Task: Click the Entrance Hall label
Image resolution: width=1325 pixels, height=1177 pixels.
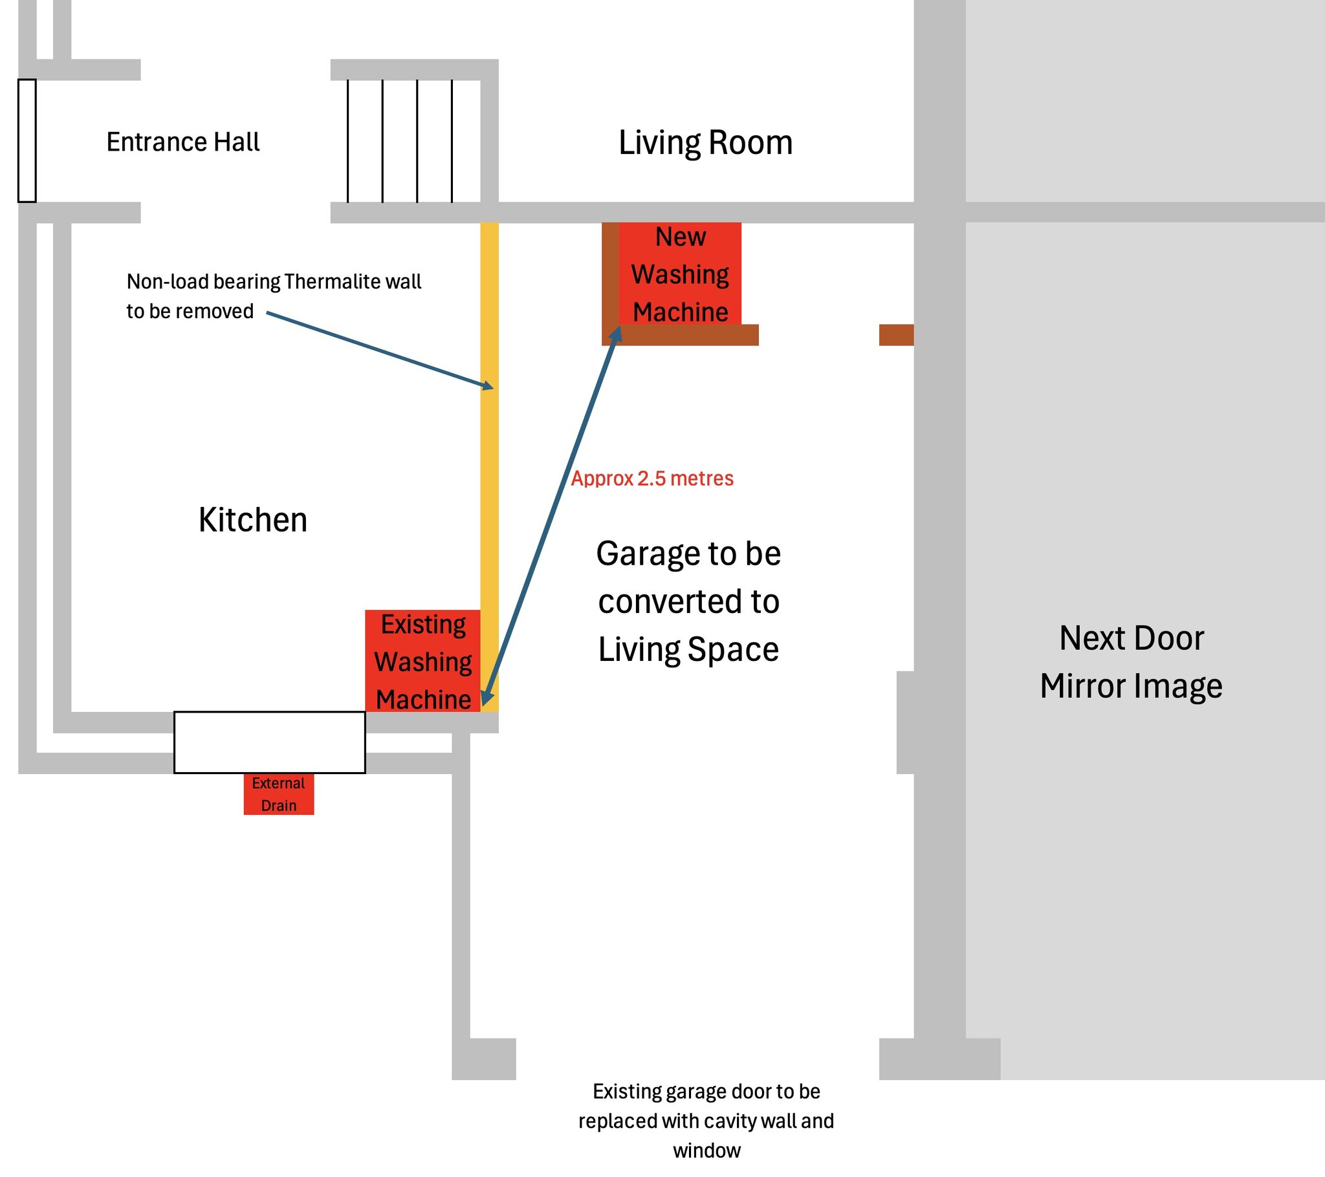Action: coord(183,142)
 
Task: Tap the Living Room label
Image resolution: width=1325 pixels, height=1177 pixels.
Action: coord(705,142)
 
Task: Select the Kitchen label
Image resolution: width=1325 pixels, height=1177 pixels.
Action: coord(253,520)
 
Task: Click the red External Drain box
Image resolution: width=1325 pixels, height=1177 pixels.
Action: coord(279,794)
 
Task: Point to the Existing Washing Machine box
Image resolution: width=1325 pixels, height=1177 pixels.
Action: coord(422,661)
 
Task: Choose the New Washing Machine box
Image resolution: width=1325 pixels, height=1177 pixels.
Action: coord(680,274)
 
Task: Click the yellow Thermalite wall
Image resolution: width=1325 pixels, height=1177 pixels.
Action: coord(489,468)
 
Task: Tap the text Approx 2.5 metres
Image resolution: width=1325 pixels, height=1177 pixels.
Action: coord(652,479)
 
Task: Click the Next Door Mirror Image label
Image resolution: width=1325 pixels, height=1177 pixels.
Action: coord(1131,662)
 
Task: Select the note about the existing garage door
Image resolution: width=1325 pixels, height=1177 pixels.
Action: coord(706,1121)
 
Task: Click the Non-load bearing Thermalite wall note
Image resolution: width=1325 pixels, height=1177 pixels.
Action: coord(274,296)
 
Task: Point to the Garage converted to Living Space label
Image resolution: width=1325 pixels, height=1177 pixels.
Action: coord(688,601)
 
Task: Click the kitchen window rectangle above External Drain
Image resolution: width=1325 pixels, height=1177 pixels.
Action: coord(270,742)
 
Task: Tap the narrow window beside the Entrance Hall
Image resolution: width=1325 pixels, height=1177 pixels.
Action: coord(27,140)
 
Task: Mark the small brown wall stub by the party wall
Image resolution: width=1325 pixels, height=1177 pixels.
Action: coord(897,335)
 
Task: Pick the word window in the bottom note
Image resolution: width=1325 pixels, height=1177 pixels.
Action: coord(706,1151)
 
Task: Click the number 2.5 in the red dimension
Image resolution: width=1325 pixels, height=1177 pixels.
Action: coord(652,479)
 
